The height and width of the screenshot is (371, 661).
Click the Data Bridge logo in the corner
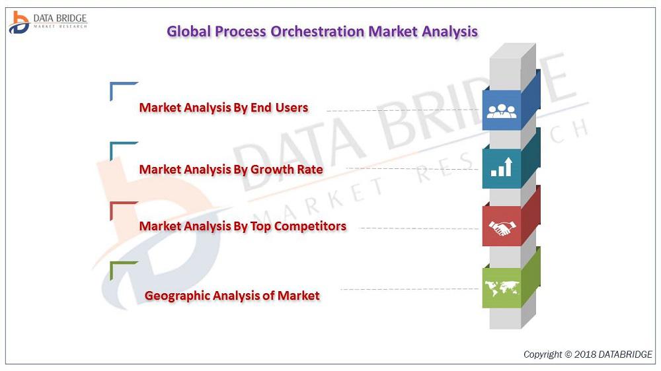(48, 22)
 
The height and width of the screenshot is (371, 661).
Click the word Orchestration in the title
(317, 32)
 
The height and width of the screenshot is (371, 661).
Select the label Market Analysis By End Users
(224, 108)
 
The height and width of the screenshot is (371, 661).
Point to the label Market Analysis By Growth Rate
(231, 169)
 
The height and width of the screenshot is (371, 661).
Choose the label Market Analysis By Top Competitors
(243, 226)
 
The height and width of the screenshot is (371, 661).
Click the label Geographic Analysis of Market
(232, 296)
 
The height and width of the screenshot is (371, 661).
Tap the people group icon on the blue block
(501, 111)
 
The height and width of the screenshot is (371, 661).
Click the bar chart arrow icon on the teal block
(502, 167)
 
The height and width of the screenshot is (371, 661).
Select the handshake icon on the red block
(502, 228)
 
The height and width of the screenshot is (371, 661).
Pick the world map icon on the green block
(502, 288)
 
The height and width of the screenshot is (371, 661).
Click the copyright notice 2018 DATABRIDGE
(588, 354)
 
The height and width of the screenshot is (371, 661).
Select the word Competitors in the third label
(310, 226)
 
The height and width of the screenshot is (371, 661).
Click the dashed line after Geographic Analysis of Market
(409, 289)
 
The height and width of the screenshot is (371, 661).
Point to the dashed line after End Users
(402, 110)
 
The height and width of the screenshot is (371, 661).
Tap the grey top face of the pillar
(513, 51)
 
